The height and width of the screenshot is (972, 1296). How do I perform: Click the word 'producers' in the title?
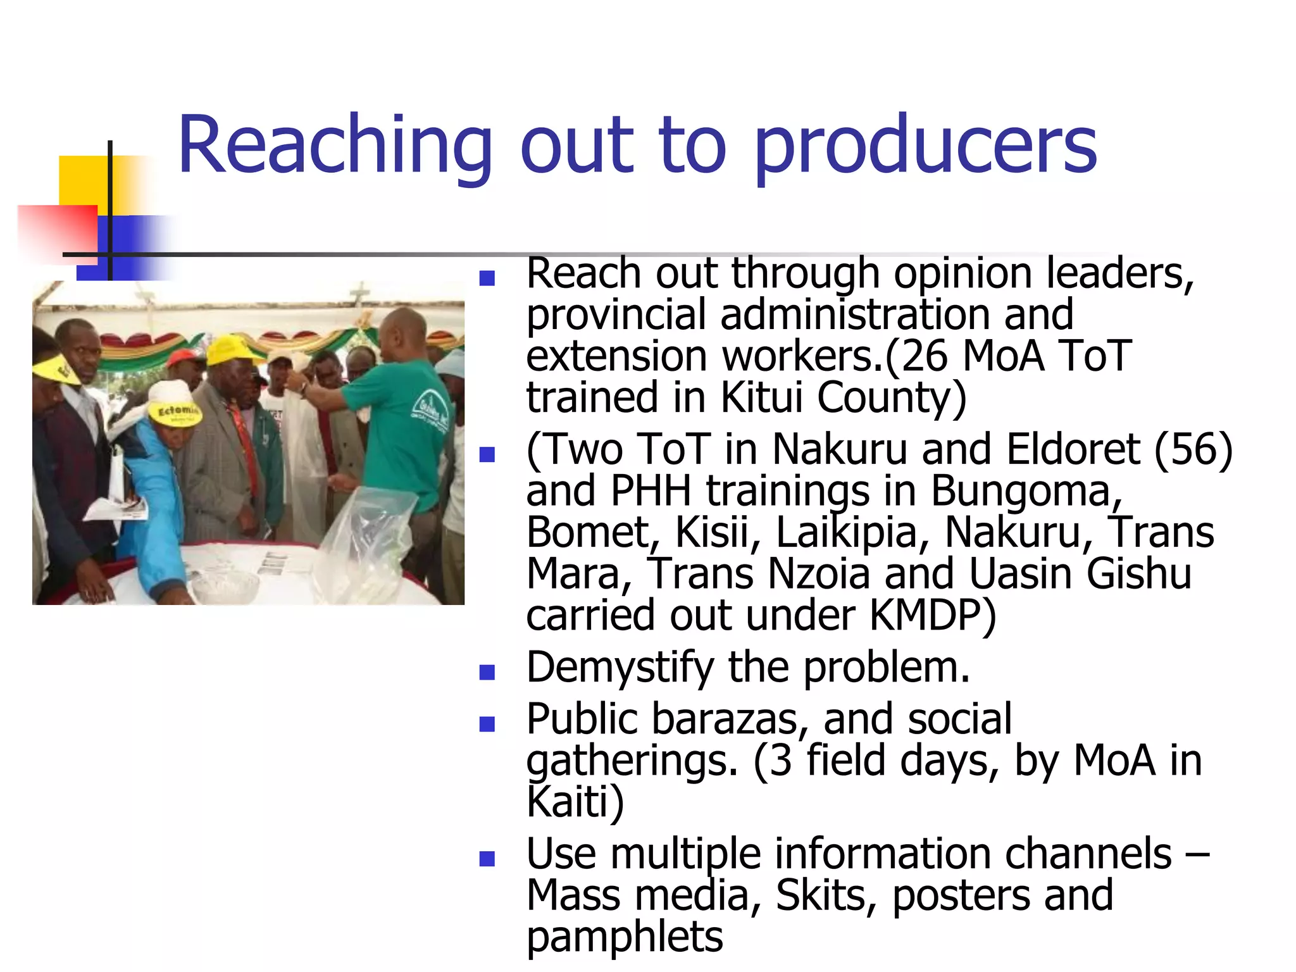tap(925, 147)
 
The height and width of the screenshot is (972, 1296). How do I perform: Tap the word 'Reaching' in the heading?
tap(335, 147)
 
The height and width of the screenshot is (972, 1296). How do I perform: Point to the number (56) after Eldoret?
tap(1193, 449)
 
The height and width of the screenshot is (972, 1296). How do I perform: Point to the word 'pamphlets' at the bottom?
tap(625, 937)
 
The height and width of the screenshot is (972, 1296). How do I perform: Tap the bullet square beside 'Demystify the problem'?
tap(487, 672)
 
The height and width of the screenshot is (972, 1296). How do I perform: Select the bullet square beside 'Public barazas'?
tap(487, 723)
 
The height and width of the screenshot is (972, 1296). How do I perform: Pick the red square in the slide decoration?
tap(57, 231)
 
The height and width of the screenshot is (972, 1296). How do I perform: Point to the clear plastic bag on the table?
tap(367, 538)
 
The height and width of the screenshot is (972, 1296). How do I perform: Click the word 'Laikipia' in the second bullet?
tap(847, 532)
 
